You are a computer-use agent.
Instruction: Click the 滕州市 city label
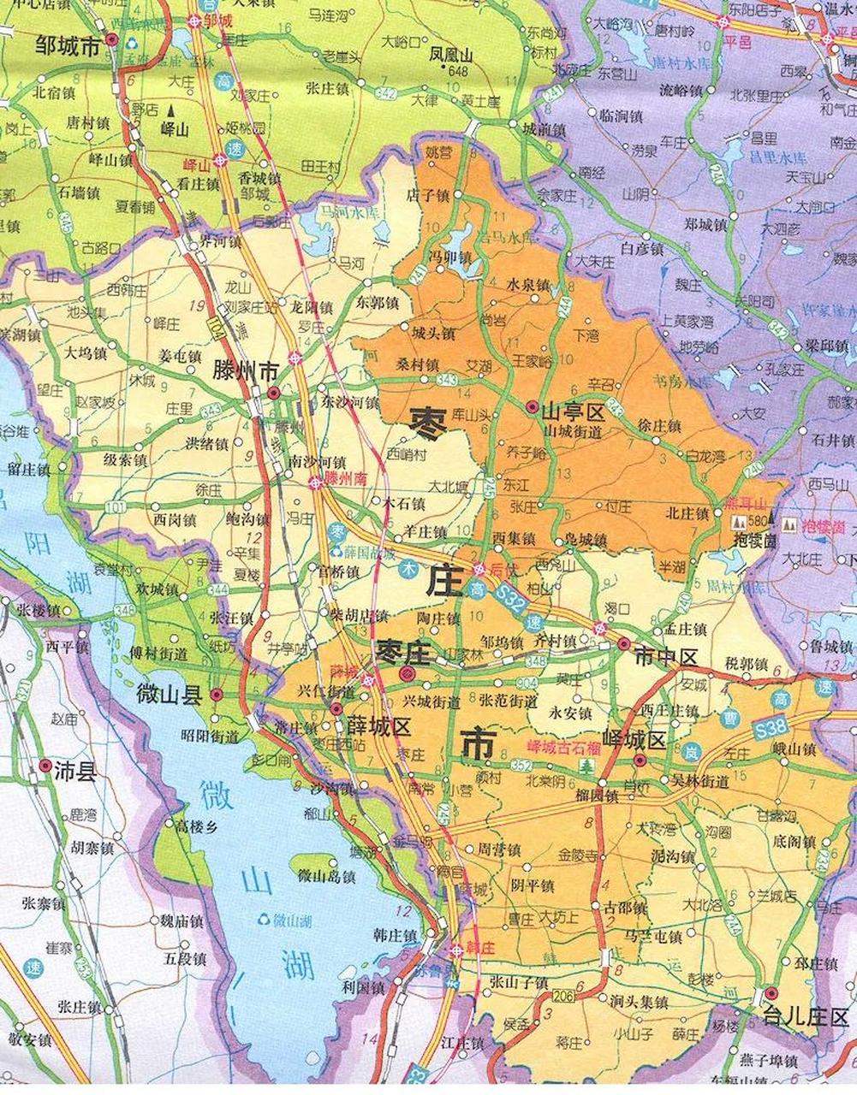coord(245,370)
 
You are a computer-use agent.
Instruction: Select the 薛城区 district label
coord(379,726)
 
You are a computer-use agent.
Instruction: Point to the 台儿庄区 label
coord(806,1018)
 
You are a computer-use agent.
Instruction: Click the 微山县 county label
coord(169,695)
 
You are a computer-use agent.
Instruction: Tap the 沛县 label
coord(75,766)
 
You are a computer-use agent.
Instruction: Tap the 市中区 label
coord(667,656)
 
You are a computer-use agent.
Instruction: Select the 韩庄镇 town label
coord(395,934)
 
